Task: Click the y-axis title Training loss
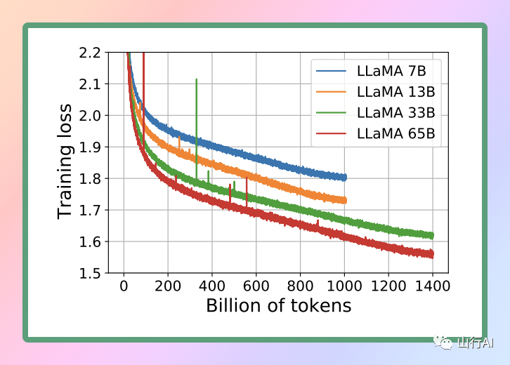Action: pos(65,162)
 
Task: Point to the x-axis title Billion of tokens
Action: pos(278,306)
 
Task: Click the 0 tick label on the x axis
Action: pos(124,286)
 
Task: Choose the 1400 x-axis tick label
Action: pos(433,286)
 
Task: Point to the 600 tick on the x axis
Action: pos(256,286)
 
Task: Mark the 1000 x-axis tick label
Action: pos(344,286)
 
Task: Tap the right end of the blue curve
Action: pos(344,178)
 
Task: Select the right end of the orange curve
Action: pos(344,200)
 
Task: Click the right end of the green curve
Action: pos(432,236)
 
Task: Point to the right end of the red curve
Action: pos(432,254)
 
